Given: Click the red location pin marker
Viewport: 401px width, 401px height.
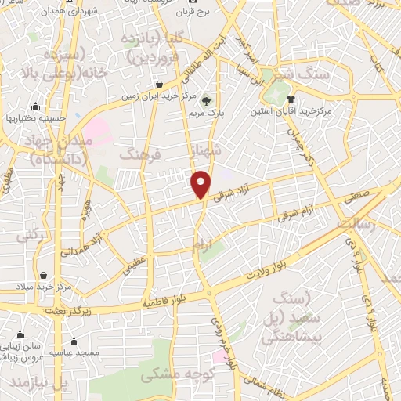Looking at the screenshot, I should (201, 184).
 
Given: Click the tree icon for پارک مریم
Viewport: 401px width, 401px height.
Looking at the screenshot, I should (207, 100).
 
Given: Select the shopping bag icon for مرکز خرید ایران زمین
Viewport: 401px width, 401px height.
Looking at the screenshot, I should (159, 84).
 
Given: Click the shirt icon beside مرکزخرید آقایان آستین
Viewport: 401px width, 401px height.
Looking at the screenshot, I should (291, 99).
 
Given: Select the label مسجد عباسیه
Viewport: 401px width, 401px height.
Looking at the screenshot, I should (74, 352).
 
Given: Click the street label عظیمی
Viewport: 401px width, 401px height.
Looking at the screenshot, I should (132, 266).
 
